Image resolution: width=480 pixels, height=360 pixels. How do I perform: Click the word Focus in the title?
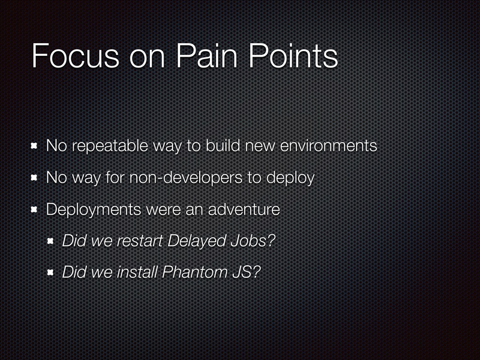pos(75,56)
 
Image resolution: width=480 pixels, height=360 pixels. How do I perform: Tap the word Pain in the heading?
pos(207,56)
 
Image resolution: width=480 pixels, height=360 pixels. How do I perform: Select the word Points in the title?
pos(293,56)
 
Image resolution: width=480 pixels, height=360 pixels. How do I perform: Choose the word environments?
pos(329,146)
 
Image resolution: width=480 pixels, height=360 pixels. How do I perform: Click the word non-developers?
pos(186,178)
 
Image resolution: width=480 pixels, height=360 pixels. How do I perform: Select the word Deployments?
pos(94,210)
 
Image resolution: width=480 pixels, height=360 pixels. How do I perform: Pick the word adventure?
pos(244,210)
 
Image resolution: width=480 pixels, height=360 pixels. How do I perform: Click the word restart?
pos(140,241)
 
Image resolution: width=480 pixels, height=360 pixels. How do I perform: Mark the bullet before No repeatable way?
pos(34,146)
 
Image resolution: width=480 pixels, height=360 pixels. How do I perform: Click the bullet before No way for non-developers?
pos(34,178)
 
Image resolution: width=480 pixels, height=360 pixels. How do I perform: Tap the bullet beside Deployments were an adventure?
pos(34,210)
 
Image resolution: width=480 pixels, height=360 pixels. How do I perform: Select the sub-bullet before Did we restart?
pos(51,241)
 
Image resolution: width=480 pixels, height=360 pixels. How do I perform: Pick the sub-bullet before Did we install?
pos(51,272)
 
